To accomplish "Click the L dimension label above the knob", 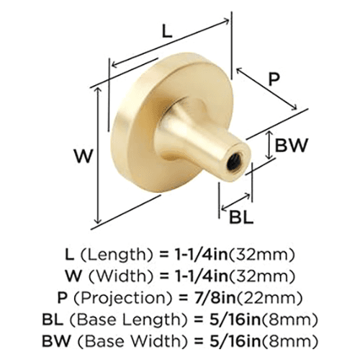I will (167, 32).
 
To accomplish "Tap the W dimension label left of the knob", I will (84, 154).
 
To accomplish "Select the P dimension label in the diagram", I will (273, 80).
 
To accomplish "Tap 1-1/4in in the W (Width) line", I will (205, 275).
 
